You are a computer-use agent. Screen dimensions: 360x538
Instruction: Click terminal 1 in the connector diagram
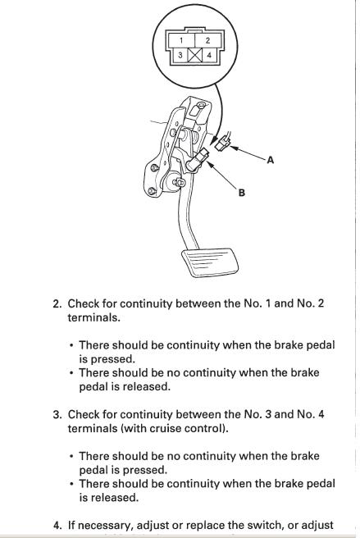pos(181,40)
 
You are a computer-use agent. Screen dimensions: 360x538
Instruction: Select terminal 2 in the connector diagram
pos(208,40)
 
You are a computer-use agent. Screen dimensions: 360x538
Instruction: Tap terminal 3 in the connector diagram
pos(180,55)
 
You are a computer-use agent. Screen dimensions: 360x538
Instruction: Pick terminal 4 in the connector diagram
pos(209,55)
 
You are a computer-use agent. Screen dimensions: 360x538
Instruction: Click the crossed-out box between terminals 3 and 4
pos(195,55)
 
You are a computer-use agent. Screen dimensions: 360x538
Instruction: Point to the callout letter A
pos(271,160)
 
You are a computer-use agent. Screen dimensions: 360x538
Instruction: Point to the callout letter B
pos(242,193)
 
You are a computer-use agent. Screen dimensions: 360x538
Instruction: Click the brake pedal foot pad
pos(210,262)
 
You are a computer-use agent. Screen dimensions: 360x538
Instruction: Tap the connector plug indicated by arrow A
pos(222,143)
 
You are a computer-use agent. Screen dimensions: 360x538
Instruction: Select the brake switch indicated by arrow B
pos(198,160)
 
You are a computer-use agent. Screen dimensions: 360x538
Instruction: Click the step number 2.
pos(57,304)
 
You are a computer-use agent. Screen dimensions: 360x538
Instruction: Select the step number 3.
pos(57,415)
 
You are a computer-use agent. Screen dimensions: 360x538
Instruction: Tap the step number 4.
pos(57,526)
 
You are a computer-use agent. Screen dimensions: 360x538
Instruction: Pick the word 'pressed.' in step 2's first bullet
pos(107,359)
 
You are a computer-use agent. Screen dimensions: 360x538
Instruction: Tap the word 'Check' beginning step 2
pos(83,303)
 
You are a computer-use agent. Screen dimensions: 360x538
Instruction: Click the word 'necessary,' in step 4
pos(107,526)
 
